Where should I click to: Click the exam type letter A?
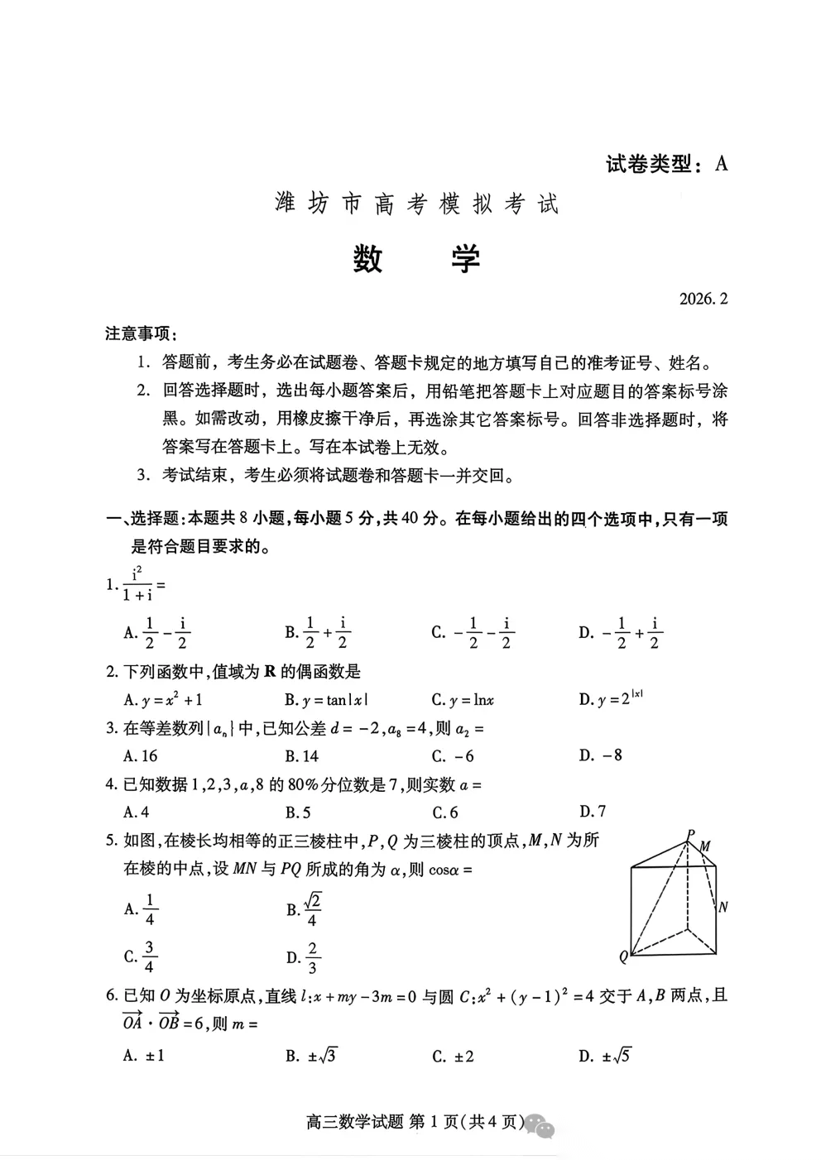[x=722, y=164]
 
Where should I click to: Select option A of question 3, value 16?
[x=141, y=755]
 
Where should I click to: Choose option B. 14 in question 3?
[x=302, y=755]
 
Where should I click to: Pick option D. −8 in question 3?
[x=601, y=755]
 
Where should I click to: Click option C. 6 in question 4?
[x=445, y=812]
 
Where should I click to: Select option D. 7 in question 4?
[x=593, y=811]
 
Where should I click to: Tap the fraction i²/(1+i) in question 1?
[x=137, y=585]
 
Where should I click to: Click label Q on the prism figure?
[x=623, y=957]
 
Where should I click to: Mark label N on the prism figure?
[x=723, y=907]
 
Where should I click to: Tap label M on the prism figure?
[x=705, y=846]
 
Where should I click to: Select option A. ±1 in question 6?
[x=144, y=1055]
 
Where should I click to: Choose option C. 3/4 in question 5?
[x=141, y=956]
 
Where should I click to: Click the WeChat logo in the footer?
[x=541, y=1124]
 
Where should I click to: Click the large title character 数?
[x=367, y=259]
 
